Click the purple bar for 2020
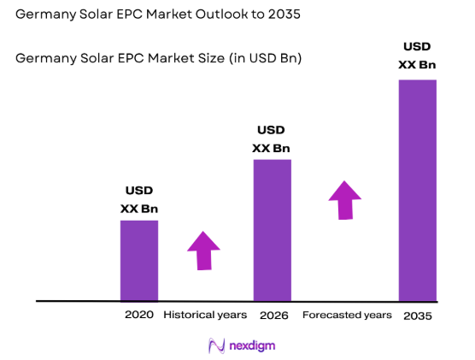pyautogui.click(x=138, y=260)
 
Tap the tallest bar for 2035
pyautogui.click(x=418, y=190)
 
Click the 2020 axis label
pyautogui.click(x=138, y=315)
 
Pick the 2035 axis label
pyautogui.click(x=418, y=316)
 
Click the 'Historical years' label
pyautogui.click(x=205, y=315)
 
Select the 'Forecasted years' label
pyautogui.click(x=347, y=315)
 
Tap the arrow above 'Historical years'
pyautogui.click(x=203, y=251)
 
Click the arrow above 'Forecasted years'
pyautogui.click(x=345, y=200)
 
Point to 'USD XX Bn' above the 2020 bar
pyautogui.click(x=139, y=199)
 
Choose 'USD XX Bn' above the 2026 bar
pyautogui.click(x=271, y=139)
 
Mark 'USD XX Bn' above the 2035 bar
pyautogui.click(x=418, y=56)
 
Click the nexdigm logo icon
pyautogui.click(x=217, y=345)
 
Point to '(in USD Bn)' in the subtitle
pyautogui.click(x=267, y=58)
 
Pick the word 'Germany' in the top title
pyautogui.click(x=43, y=15)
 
